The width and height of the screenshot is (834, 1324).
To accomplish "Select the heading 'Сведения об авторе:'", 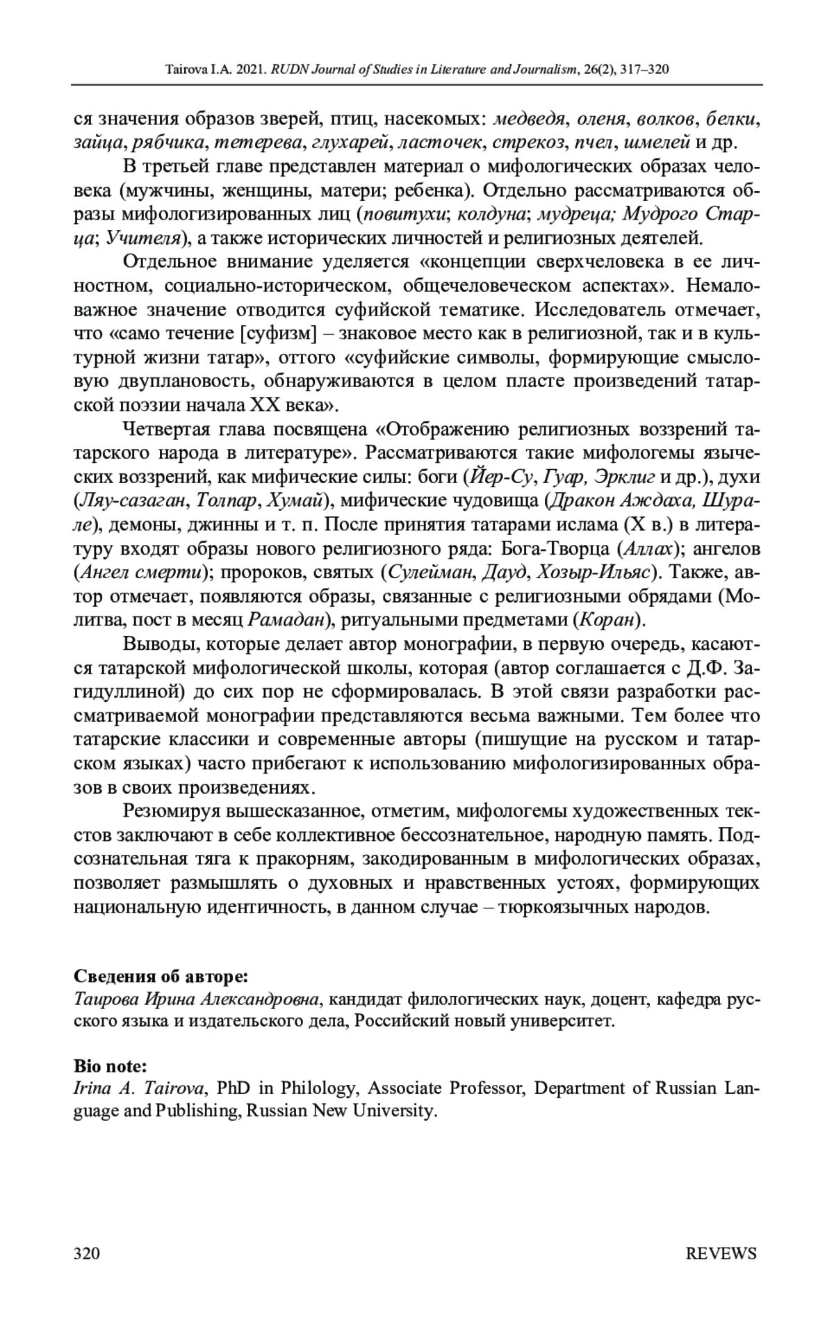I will tap(161, 976).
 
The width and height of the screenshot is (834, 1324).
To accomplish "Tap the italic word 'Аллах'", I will tap(648, 549).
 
